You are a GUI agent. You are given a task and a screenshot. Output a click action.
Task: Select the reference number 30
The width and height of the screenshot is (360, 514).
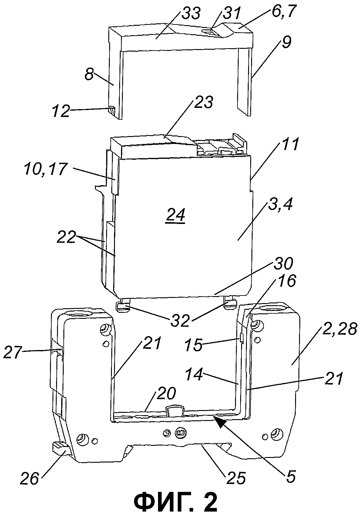(x=284, y=264)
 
